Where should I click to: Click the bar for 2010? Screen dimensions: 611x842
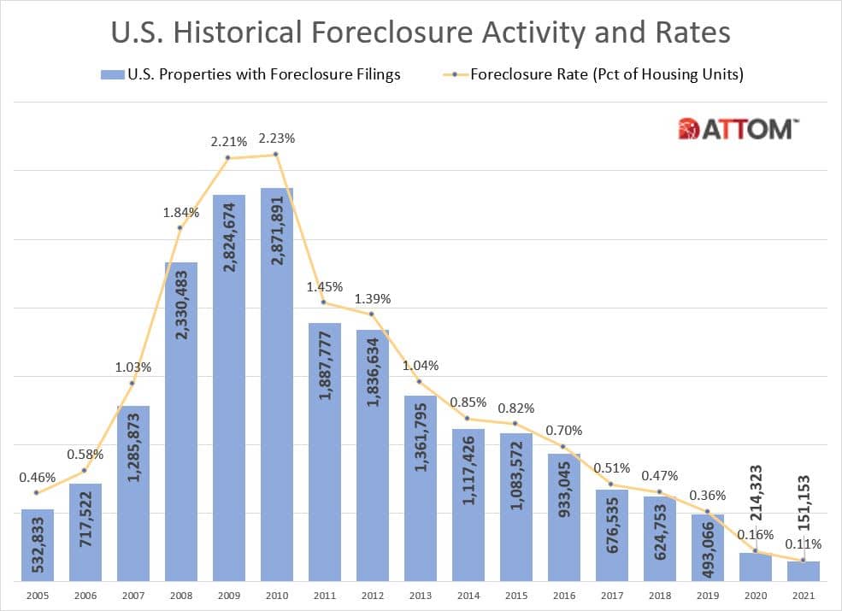point(276,385)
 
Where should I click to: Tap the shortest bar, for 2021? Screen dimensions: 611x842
point(803,571)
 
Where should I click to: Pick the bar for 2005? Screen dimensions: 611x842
point(37,545)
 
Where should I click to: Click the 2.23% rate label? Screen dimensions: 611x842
point(276,138)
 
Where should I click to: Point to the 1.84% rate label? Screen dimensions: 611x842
point(180,212)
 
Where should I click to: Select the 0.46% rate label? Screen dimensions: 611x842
point(37,477)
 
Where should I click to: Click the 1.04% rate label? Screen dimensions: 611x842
point(420,365)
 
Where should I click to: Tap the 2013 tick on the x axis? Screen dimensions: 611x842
point(420,596)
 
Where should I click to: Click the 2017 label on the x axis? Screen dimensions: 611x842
point(611,596)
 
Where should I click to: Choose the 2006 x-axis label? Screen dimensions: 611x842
point(85,596)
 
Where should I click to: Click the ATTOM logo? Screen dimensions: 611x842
point(738,129)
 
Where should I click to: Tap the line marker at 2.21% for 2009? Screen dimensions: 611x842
point(228,158)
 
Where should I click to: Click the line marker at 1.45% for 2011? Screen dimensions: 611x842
point(324,303)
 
